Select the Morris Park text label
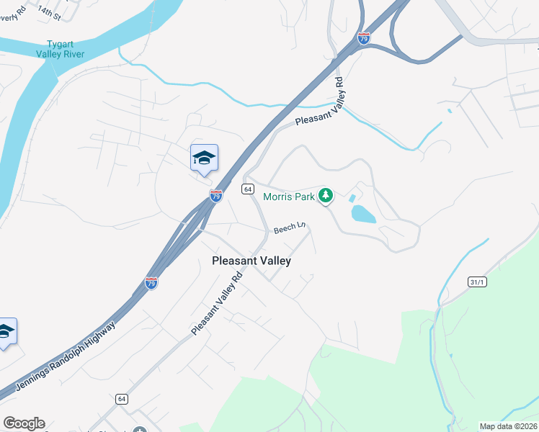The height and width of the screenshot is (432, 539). (289, 196)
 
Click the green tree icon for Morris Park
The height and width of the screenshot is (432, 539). (326, 195)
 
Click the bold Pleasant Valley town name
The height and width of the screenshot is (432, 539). (251, 261)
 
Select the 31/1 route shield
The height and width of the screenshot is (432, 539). (476, 282)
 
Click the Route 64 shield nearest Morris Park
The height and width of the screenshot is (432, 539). (248, 189)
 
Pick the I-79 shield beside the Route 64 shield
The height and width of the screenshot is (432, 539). (215, 195)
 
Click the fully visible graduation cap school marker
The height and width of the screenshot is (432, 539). (204, 158)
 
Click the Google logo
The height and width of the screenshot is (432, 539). (24, 423)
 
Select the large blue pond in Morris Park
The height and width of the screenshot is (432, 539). (362, 213)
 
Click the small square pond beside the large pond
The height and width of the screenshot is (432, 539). (352, 197)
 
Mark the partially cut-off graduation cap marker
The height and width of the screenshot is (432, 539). (6, 331)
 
